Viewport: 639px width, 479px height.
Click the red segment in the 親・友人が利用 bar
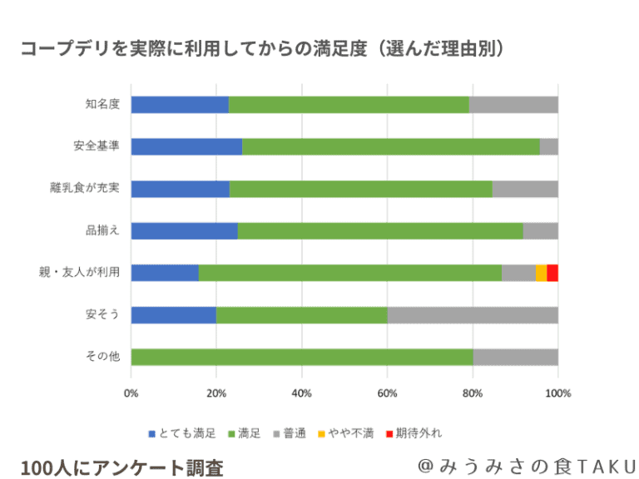coord(552,273)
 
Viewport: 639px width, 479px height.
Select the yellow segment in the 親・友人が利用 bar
coord(541,273)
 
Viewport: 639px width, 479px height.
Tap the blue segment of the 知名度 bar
coord(180,104)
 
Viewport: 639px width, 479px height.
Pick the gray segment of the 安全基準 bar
coord(548,146)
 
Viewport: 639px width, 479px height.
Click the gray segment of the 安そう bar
coord(472,315)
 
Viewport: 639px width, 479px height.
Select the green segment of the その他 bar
coord(302,357)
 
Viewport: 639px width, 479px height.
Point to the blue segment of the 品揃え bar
coord(184,231)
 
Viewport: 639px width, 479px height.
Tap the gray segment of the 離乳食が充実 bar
coord(524,189)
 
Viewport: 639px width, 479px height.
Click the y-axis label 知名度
coord(102,104)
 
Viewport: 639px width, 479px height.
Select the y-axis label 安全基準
coord(96,146)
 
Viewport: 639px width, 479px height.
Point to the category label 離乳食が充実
coord(85,189)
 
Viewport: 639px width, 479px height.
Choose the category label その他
coord(102,357)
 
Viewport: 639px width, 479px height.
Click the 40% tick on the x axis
coord(301,393)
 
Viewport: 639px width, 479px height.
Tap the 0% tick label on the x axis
coord(131,393)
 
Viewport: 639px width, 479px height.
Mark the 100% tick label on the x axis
coord(557,393)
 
